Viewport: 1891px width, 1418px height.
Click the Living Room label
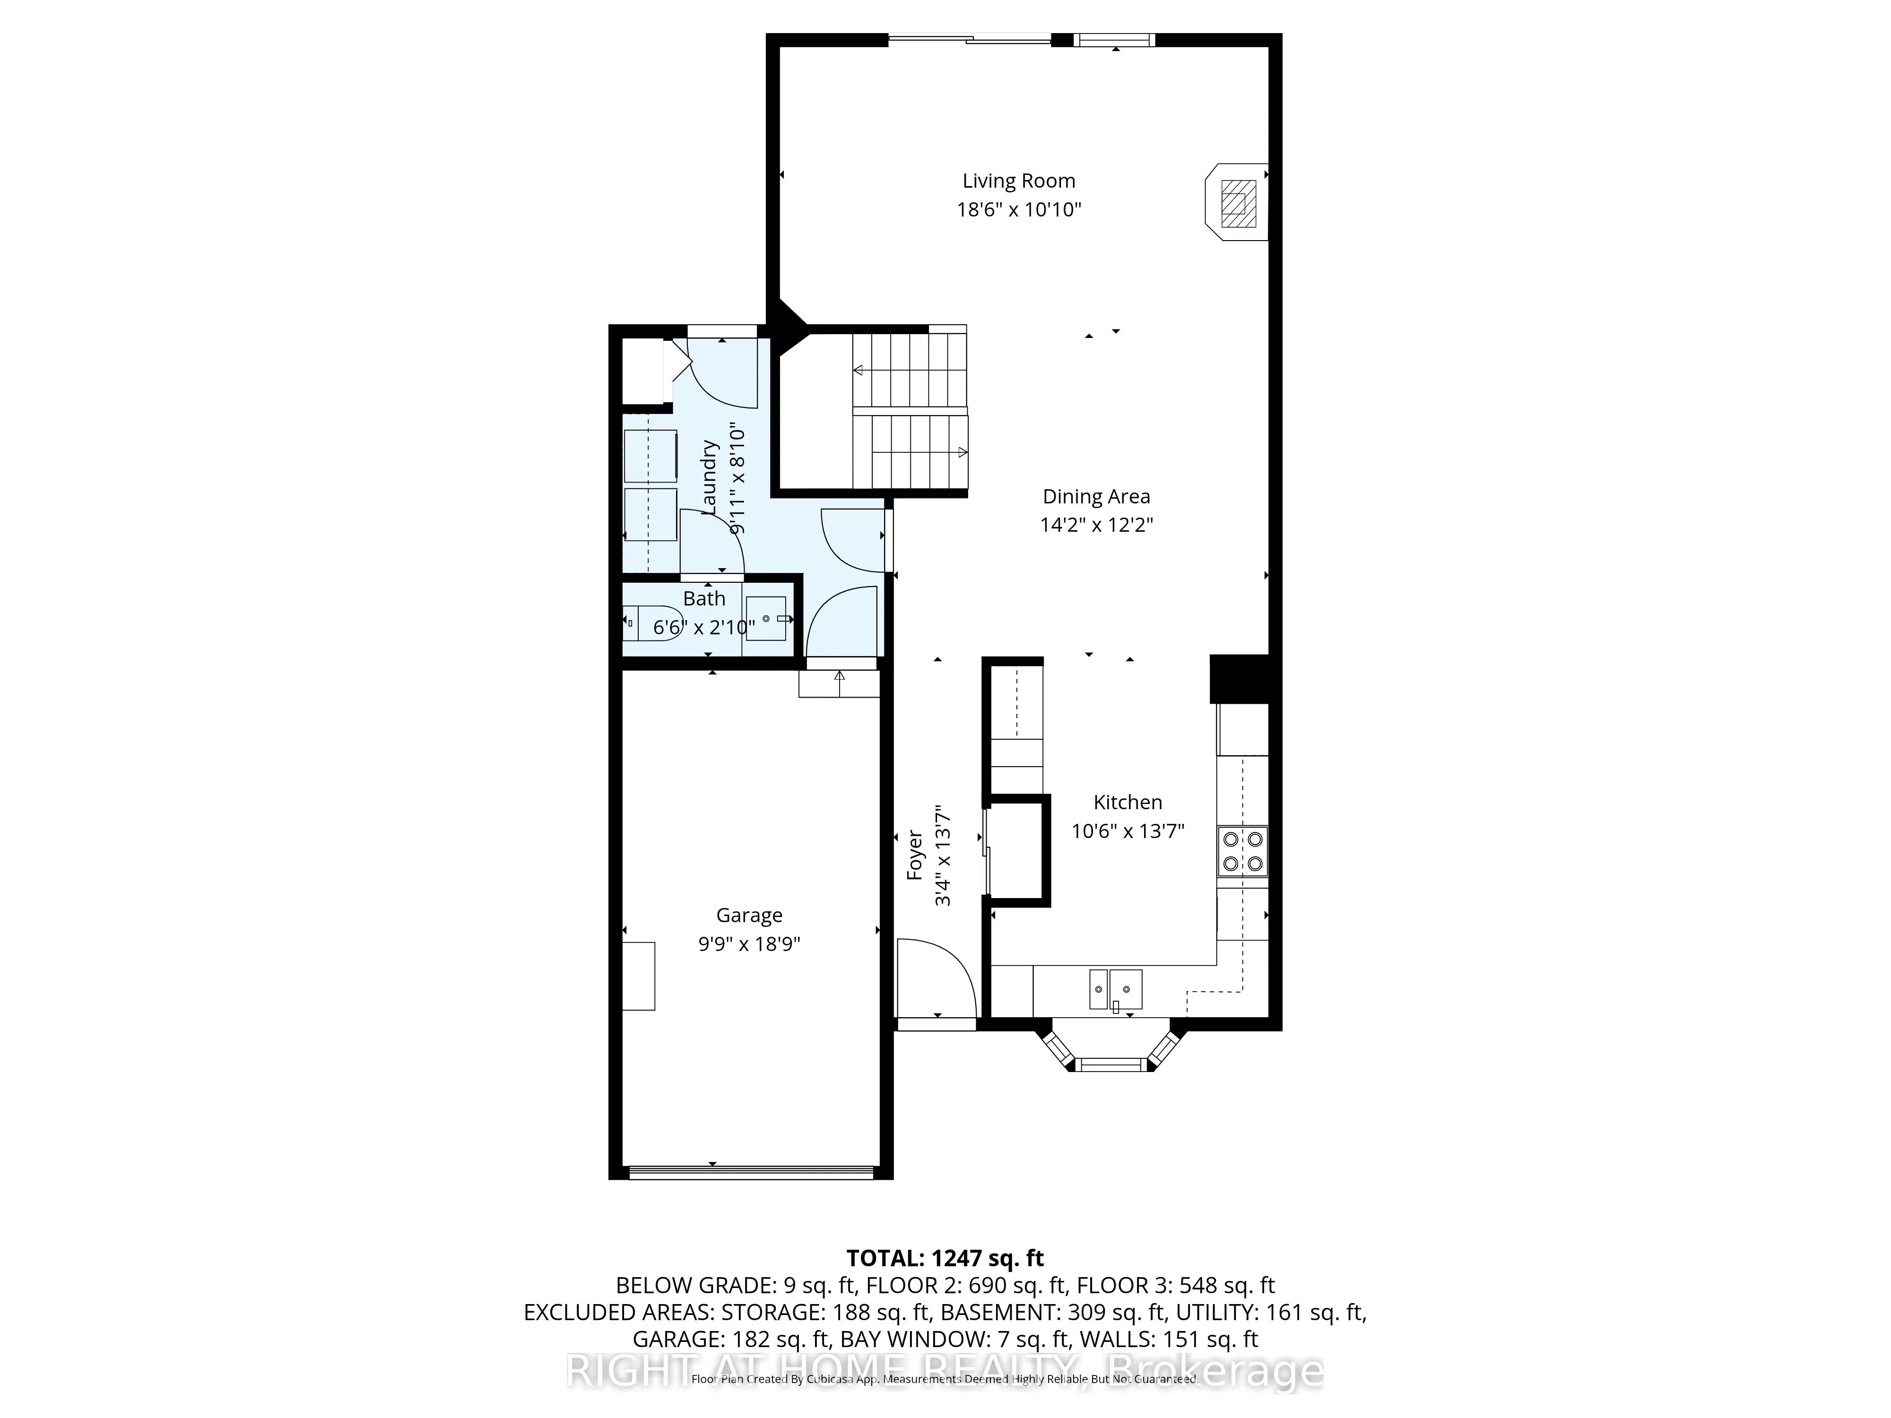[x=1018, y=181]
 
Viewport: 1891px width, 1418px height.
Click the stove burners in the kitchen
[x=1242, y=851]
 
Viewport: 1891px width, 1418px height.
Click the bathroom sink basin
[x=766, y=618]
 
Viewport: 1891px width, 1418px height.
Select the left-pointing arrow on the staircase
[x=859, y=370]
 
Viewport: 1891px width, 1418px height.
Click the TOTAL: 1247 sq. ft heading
[x=945, y=1258]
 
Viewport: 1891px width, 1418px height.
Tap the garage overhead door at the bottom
[x=751, y=1173]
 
